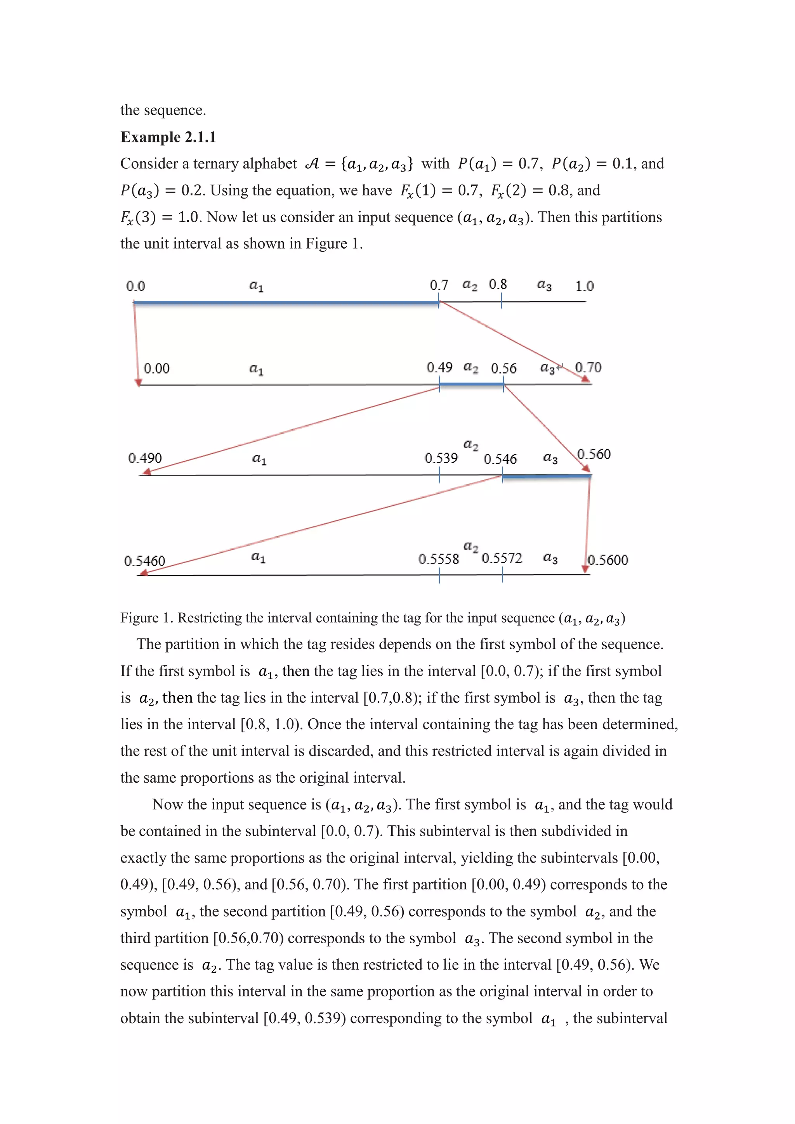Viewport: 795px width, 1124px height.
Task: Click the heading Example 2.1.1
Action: pyautogui.click(x=168, y=137)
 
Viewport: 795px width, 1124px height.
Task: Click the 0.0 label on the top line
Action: pyautogui.click(x=136, y=286)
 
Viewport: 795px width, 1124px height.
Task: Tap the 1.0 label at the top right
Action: pyautogui.click(x=584, y=286)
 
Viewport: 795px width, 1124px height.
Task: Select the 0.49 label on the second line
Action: pyautogui.click(x=439, y=368)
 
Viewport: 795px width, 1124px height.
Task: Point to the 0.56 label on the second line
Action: pyautogui.click(x=503, y=368)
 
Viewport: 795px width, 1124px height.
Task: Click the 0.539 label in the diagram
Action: pyautogui.click(x=441, y=458)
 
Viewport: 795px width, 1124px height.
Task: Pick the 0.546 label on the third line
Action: pyautogui.click(x=500, y=459)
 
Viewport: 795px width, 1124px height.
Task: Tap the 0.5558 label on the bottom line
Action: pyautogui.click(x=439, y=559)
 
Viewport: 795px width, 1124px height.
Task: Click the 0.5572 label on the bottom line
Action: pyautogui.click(x=502, y=558)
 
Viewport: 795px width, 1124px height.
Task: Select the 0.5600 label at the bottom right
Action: pyautogui.click(x=608, y=560)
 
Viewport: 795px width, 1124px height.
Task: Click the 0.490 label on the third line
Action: pyautogui.click(x=145, y=458)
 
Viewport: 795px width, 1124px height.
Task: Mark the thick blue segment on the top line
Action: pyautogui.click(x=286, y=303)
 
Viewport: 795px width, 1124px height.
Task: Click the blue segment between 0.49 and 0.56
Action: pyautogui.click(x=471, y=385)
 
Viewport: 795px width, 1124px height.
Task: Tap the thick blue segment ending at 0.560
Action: pyautogui.click(x=546, y=476)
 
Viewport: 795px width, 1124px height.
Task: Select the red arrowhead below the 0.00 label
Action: pyautogui.click(x=139, y=383)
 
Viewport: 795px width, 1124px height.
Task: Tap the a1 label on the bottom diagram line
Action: pyautogui.click(x=258, y=557)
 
